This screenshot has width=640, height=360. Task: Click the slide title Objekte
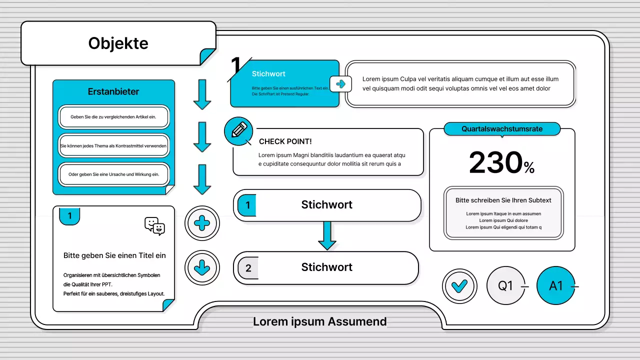tap(118, 43)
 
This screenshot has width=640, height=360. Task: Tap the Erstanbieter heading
tap(113, 91)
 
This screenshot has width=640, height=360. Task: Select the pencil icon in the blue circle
tap(239, 130)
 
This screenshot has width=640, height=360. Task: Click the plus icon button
tap(202, 223)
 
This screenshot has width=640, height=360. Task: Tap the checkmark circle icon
tap(459, 286)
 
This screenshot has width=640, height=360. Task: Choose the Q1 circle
tap(505, 285)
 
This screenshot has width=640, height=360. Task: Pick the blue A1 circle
tap(555, 285)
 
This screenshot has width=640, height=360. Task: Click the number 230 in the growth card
tap(495, 162)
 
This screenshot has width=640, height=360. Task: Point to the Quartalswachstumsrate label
tap(502, 129)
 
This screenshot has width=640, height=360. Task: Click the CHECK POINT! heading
tap(285, 141)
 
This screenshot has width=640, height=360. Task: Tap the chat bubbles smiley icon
tap(154, 226)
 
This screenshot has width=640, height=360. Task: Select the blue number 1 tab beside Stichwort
tap(247, 205)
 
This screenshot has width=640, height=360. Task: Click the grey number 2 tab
tap(248, 267)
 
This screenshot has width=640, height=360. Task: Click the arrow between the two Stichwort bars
tap(327, 235)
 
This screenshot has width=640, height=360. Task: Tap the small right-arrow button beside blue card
tap(340, 84)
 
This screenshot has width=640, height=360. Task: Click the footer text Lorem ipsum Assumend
tap(319, 321)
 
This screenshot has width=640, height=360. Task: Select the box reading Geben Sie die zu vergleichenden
tap(113, 117)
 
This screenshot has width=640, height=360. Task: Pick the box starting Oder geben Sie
tap(113, 174)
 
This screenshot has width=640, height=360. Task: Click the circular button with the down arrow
tap(202, 267)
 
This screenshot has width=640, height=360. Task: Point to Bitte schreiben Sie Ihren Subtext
tap(503, 200)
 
